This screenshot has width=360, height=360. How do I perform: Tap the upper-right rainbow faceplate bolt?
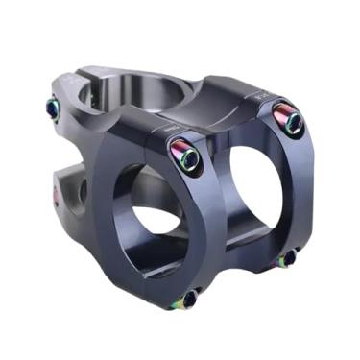pyautogui.click(x=289, y=119)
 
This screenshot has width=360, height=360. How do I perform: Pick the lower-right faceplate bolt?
pyautogui.click(x=287, y=257)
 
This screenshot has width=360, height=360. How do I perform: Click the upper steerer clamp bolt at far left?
pyautogui.click(x=53, y=109)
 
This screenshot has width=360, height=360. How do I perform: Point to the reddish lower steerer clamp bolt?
pyautogui.click(x=56, y=196)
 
